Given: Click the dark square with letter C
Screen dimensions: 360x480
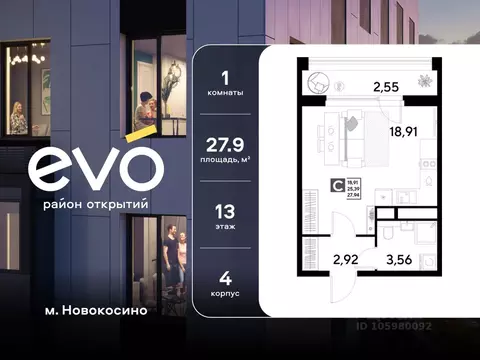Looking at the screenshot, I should pos(337,183).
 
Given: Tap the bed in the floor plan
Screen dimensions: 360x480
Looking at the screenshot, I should pos(352,133).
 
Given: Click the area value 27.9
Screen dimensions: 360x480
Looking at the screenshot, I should pos(224,144).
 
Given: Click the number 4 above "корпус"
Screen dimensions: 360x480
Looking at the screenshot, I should pos(225,279).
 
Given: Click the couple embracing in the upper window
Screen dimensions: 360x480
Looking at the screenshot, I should pos(145,110).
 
